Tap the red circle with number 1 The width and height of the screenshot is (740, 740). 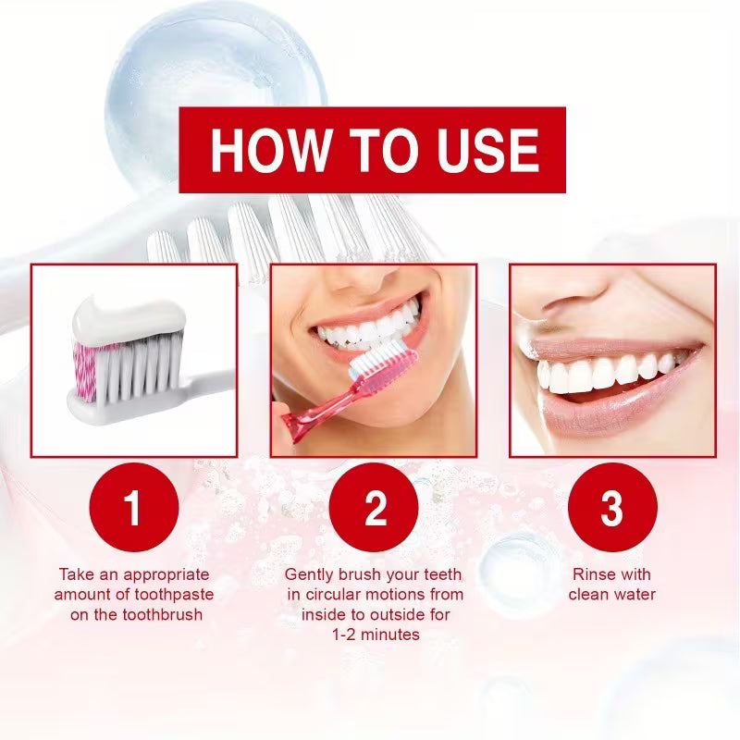click(x=134, y=509)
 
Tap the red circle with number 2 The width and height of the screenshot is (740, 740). click(x=374, y=509)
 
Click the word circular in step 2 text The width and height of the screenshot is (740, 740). click(x=336, y=594)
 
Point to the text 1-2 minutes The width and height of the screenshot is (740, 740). click(x=374, y=635)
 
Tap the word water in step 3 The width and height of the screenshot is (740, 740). click(x=636, y=594)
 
